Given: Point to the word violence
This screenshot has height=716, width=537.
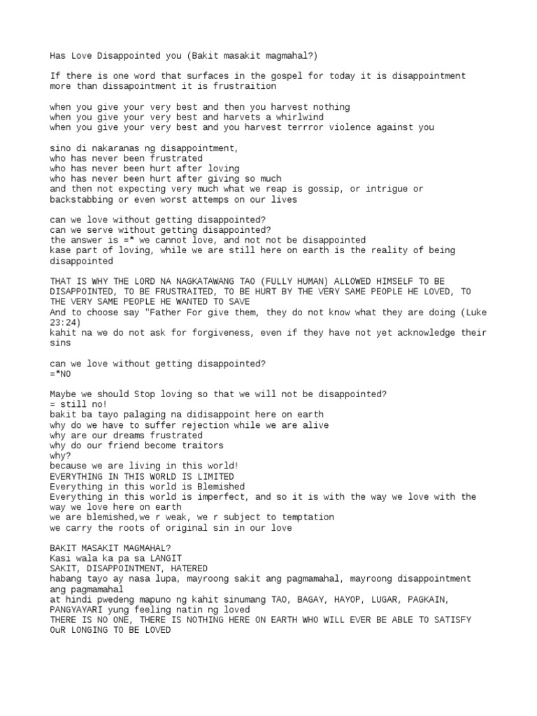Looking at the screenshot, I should [x=342, y=127].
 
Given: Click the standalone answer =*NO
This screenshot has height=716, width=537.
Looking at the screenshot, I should [x=61, y=373].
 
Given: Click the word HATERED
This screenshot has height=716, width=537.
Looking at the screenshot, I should [x=189, y=568].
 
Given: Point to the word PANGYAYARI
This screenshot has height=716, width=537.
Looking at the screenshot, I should [x=78, y=610].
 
